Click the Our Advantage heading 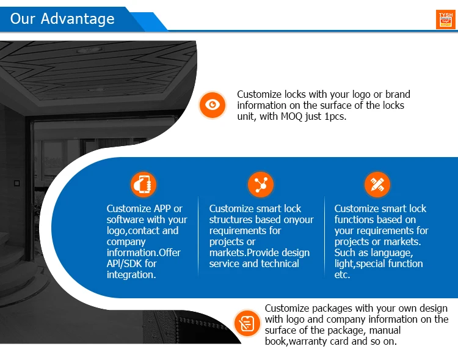[62, 18]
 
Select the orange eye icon [212, 105]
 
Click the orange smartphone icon [144, 184]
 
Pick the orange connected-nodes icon [261, 184]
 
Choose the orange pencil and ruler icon [377, 184]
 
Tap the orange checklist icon [247, 321]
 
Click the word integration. [131, 274]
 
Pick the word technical [280, 263]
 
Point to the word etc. [342, 274]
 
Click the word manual [384, 330]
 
